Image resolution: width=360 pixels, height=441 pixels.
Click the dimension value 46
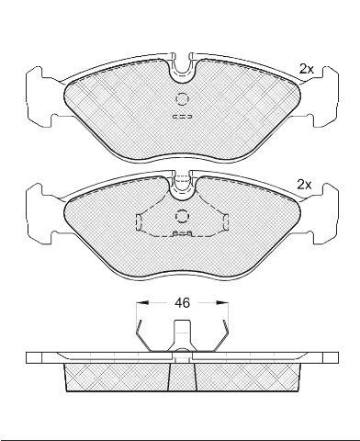pyautogui.click(x=182, y=303)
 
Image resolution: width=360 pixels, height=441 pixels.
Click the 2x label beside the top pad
pyautogui.click(x=307, y=70)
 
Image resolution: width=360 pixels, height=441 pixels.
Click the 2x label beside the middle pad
pyautogui.click(x=304, y=185)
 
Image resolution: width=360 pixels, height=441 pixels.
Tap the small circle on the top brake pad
pyautogui.click(x=183, y=99)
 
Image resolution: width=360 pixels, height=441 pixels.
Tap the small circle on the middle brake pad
pyautogui.click(x=183, y=216)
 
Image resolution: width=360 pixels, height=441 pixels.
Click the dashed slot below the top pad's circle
pyautogui.click(x=183, y=117)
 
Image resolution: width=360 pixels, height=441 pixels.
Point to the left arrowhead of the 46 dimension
pyautogui.click(x=142, y=303)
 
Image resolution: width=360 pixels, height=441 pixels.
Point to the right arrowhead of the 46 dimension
pyautogui.click(x=222, y=303)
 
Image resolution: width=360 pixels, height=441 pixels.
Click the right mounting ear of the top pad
pyautogui.click(x=324, y=96)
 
